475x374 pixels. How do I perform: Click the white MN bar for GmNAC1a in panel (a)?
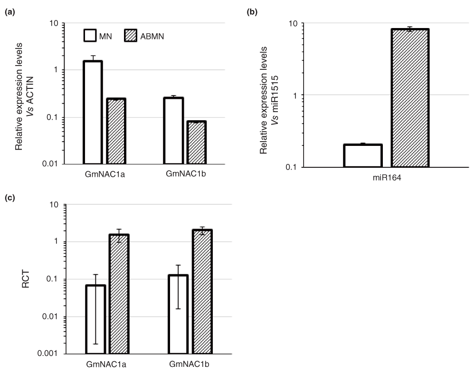coord(93,113)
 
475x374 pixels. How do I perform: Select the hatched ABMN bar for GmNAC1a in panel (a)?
coord(116,132)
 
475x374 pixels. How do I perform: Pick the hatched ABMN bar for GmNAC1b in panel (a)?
coord(196,143)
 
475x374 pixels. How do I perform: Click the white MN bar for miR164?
coord(363,155)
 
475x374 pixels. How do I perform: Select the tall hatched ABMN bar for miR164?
coord(410,98)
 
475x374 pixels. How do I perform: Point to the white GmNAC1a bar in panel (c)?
coord(95,319)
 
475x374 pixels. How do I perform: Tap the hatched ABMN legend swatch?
coord(133,36)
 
